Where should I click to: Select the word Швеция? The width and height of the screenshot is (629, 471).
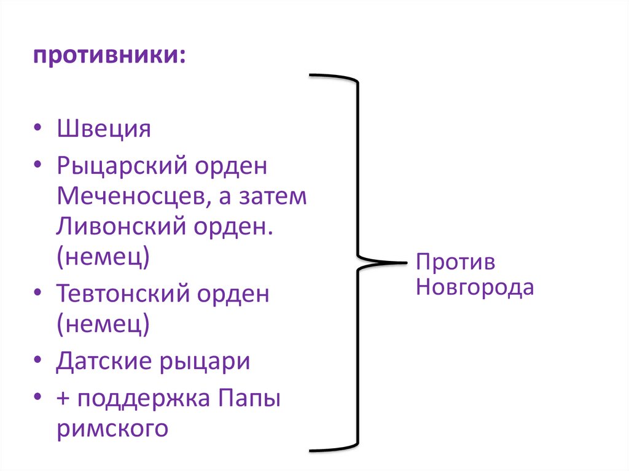click(104, 130)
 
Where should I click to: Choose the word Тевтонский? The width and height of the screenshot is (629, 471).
click(123, 294)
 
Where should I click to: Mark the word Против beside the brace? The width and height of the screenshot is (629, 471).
click(455, 262)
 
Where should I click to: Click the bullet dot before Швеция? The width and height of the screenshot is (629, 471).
click(39, 131)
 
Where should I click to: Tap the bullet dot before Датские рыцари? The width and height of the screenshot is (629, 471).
click(39, 362)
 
